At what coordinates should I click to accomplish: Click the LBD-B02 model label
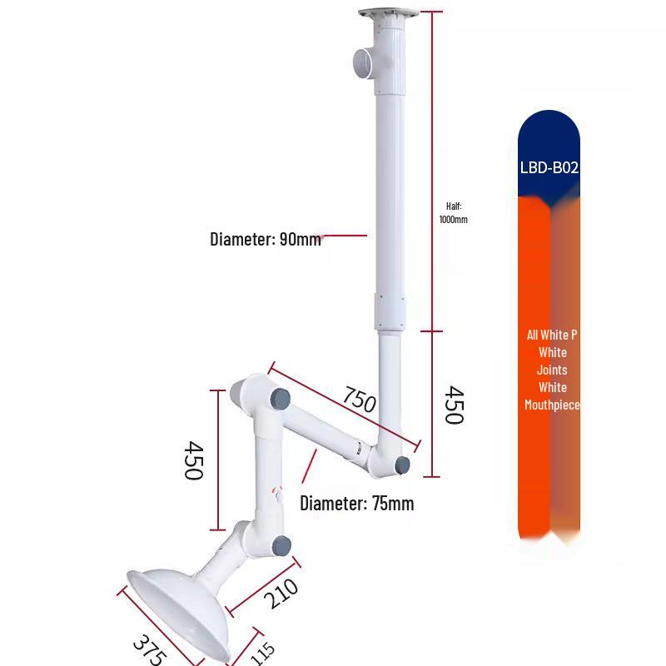(x=549, y=168)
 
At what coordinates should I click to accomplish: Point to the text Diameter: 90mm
(x=266, y=239)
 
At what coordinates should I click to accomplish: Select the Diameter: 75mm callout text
(x=357, y=504)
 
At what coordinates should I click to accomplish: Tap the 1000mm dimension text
(x=453, y=220)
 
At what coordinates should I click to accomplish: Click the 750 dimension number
(x=360, y=400)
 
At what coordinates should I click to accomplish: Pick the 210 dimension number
(x=281, y=594)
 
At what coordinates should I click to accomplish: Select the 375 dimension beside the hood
(x=150, y=650)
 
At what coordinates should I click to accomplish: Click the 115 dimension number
(x=262, y=654)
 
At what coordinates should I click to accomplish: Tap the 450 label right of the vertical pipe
(x=454, y=405)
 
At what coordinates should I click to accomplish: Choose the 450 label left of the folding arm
(x=193, y=460)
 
